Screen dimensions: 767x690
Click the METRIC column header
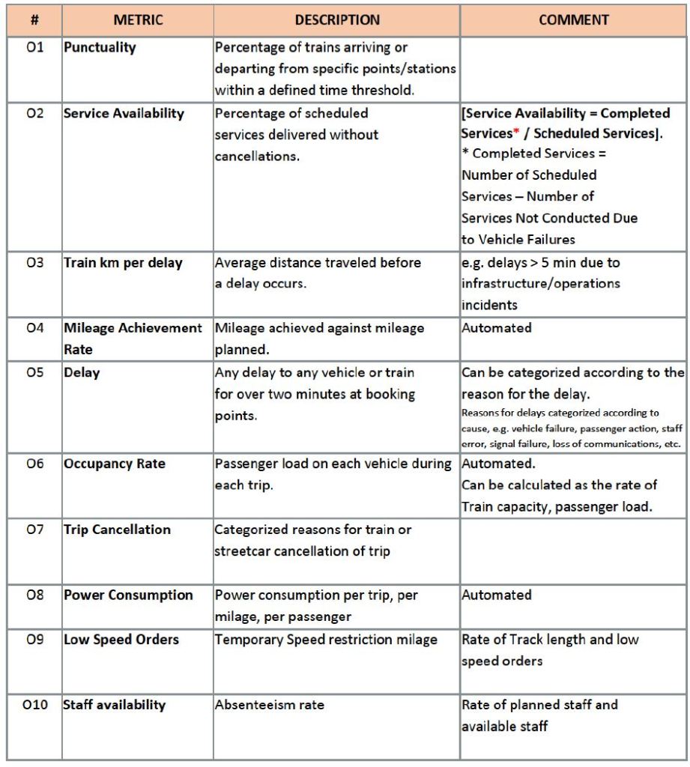click(x=138, y=20)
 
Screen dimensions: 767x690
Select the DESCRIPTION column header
click(x=337, y=20)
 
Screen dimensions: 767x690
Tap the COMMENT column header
click(x=574, y=20)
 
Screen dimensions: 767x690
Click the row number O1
click(x=35, y=47)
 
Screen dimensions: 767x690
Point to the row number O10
click(x=35, y=705)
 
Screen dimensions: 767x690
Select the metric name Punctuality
click(x=100, y=47)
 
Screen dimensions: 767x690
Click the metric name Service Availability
click(x=124, y=113)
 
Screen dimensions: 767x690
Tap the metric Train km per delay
click(x=123, y=263)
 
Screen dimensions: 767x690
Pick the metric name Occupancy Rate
click(x=114, y=464)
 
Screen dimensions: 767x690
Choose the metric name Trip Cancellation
click(x=117, y=530)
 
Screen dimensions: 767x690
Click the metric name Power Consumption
click(x=128, y=595)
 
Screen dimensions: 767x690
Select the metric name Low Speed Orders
click(x=121, y=640)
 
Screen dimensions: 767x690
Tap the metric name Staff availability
click(x=115, y=705)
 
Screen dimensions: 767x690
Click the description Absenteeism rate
click(x=270, y=705)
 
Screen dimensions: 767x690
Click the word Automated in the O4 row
click(x=497, y=328)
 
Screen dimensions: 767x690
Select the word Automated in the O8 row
click(x=497, y=595)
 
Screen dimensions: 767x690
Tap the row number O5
click(x=35, y=372)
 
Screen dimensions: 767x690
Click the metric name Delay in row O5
click(x=82, y=372)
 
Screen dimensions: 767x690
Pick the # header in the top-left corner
click(x=35, y=20)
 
